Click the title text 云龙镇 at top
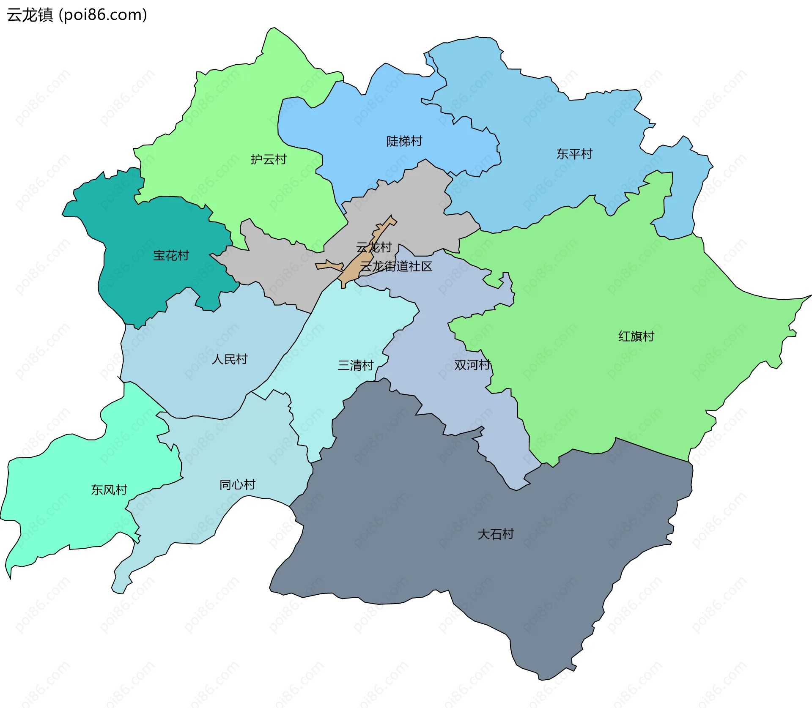click(x=30, y=15)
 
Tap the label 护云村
click(x=269, y=159)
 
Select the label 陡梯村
click(x=404, y=141)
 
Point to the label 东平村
click(x=574, y=154)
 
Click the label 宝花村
click(x=171, y=255)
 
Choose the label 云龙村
click(x=374, y=247)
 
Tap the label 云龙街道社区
click(x=396, y=266)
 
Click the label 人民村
click(x=230, y=359)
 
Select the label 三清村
click(x=356, y=365)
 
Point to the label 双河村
click(x=472, y=365)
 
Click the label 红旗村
click(x=636, y=336)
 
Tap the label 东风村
click(x=109, y=490)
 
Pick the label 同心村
click(x=237, y=484)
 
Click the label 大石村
click(x=496, y=534)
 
